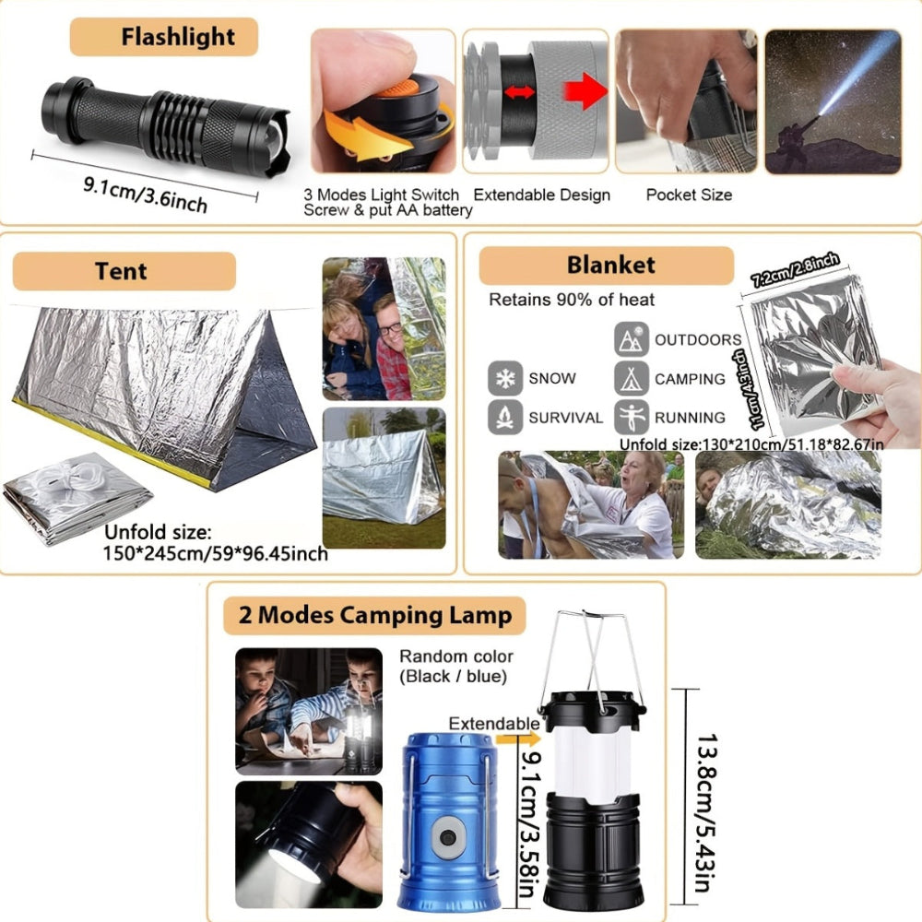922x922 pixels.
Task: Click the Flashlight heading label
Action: (178, 38)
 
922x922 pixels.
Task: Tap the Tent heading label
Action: (121, 271)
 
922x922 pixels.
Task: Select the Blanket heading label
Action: (610, 266)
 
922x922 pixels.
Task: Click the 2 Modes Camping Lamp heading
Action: (374, 615)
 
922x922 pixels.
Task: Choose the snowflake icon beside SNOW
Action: (505, 378)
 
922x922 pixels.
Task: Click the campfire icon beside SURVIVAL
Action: (505, 417)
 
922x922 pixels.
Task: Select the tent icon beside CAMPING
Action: (632, 379)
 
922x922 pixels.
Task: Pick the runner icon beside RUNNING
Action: (632, 417)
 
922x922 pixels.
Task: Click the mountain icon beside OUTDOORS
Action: (632, 339)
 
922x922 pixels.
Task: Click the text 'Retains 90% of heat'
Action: (572, 300)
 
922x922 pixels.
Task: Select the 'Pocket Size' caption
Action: (689, 195)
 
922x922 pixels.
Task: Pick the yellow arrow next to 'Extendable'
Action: (516, 738)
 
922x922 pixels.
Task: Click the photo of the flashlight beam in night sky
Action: (833, 101)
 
